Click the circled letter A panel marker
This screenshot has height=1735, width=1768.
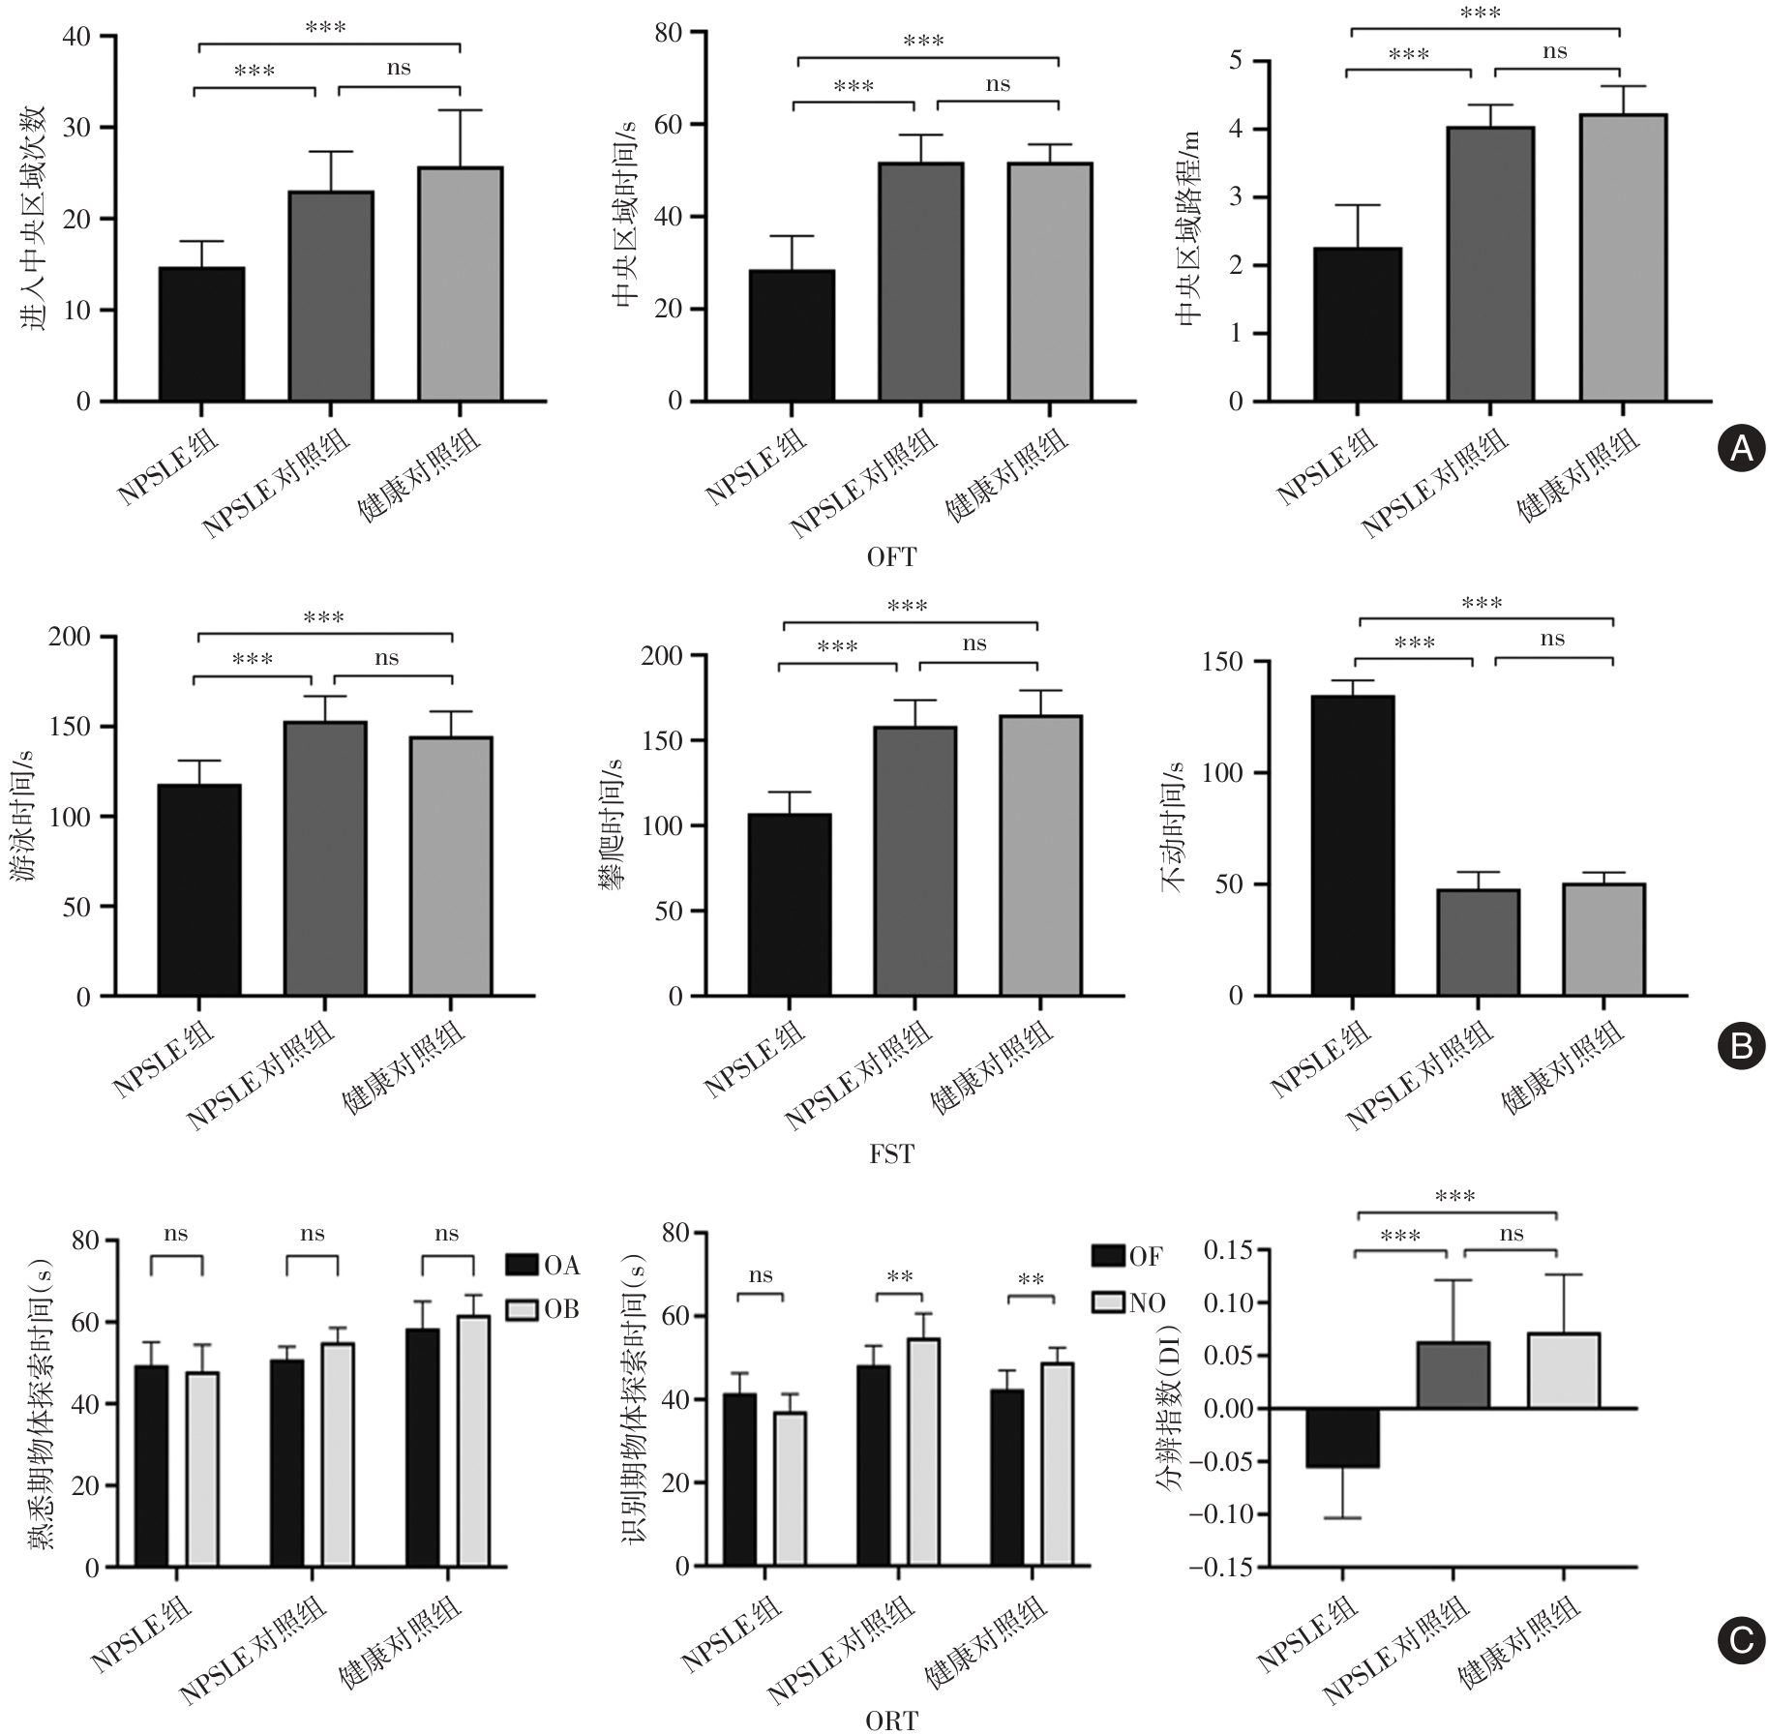[1739, 447]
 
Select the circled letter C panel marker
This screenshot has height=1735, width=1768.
[1739, 1638]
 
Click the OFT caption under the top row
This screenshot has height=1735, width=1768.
[890, 556]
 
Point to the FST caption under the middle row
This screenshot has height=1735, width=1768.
[890, 1153]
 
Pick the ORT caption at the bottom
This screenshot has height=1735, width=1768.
[890, 1720]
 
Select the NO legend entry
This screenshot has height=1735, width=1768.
[1128, 1302]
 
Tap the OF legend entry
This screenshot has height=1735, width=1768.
[1127, 1256]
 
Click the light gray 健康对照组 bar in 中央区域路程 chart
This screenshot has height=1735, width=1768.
[1622, 257]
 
